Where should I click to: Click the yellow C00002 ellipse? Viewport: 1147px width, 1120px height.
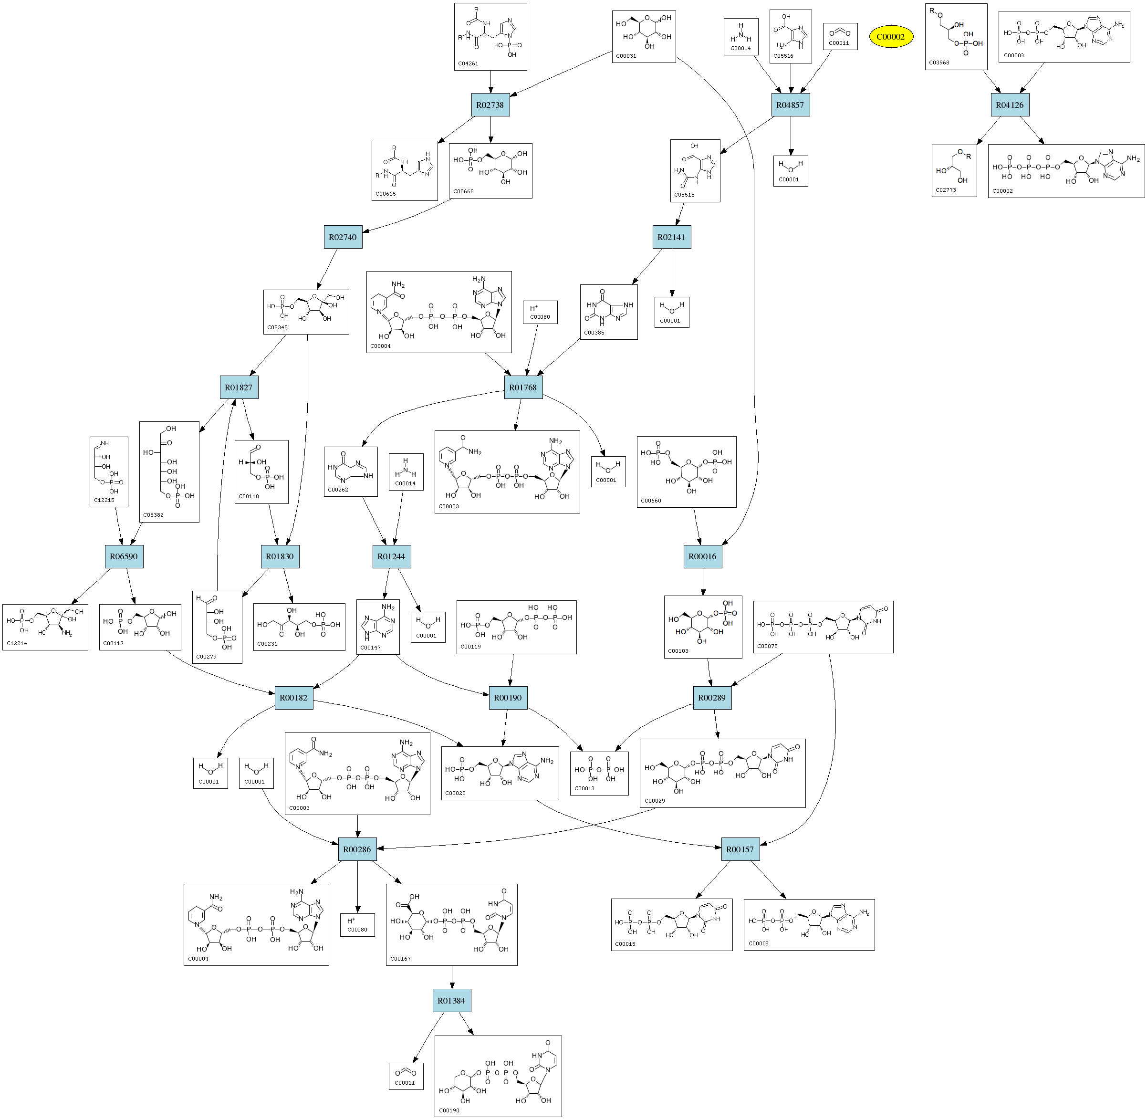(890, 36)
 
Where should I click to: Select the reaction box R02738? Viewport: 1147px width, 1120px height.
(490, 105)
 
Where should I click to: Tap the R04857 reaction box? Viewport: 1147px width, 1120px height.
(790, 105)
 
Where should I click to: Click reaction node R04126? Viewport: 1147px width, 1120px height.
(1010, 105)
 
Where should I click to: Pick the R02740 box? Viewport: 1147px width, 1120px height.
(343, 237)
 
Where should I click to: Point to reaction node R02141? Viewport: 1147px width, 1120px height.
(671, 237)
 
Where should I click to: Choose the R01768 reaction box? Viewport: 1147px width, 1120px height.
(523, 387)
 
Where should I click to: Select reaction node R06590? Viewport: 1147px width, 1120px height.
(124, 556)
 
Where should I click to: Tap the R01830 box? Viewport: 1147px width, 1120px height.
(280, 556)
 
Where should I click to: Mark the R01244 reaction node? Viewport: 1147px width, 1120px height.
(391, 556)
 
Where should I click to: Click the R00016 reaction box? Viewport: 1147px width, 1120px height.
(702, 556)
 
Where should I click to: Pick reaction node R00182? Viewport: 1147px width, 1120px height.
(293, 697)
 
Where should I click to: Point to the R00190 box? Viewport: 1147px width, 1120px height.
(508, 697)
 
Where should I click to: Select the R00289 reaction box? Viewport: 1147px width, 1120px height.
(712, 697)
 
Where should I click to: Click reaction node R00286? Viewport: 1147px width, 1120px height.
(357, 849)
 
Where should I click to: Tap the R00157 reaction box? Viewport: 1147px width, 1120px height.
(740, 849)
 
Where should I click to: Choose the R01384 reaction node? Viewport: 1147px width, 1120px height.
(451, 1000)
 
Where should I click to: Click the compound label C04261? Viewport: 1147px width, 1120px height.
(468, 63)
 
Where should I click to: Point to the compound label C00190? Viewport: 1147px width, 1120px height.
(449, 1110)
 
